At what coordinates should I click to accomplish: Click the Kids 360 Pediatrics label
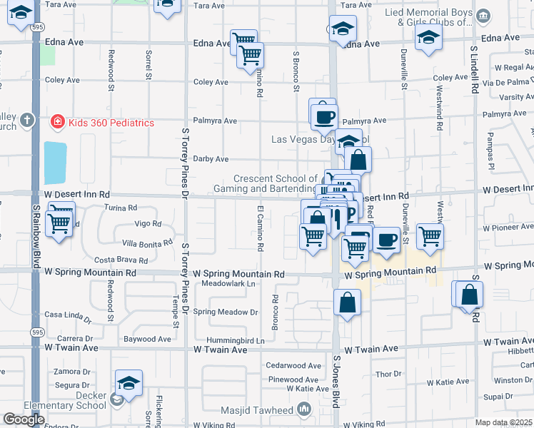coord(111,123)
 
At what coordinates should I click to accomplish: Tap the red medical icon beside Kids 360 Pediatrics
coord(57,123)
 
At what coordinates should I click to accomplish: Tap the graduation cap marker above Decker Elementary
coord(129,383)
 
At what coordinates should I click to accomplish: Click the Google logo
coord(24,419)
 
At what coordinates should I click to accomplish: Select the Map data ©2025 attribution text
coord(503,422)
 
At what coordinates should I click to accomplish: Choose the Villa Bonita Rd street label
coord(147,243)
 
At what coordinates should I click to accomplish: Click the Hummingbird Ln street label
coord(235,341)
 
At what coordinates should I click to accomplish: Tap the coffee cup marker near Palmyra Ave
coord(323,113)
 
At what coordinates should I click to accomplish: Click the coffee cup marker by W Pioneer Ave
coord(386,240)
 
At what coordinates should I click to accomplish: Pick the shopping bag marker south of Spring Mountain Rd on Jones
coord(347,302)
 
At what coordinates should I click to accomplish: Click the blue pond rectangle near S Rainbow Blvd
coord(55,163)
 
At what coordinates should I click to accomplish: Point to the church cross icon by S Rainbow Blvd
coord(27,119)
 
